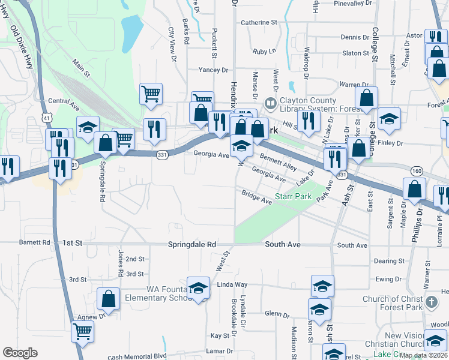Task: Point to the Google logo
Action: [20, 353]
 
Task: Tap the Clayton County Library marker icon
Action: [271, 104]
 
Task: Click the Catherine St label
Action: [259, 23]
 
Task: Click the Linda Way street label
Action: [232, 284]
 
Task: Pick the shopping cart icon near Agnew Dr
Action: [82, 331]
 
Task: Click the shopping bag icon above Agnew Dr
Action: [108, 298]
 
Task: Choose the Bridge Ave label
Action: [256, 197]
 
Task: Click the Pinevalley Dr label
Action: [353, 4]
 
